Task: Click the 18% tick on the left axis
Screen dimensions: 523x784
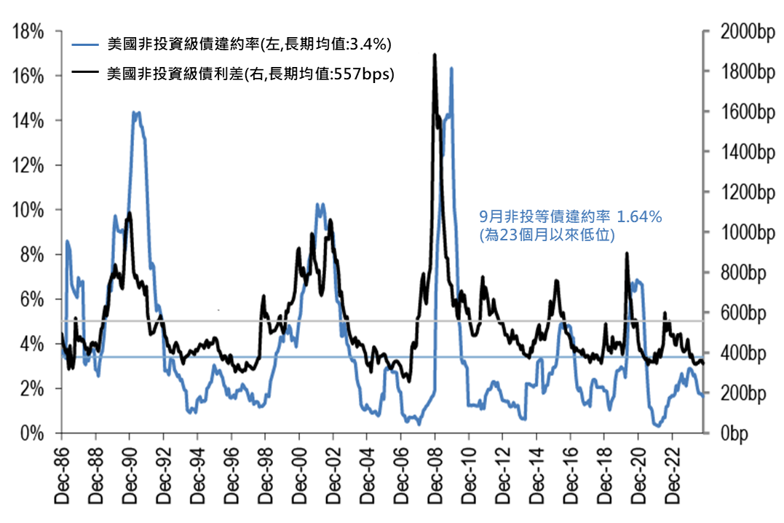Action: point(27,32)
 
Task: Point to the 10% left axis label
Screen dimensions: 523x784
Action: point(27,211)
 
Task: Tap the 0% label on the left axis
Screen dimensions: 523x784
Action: point(31,433)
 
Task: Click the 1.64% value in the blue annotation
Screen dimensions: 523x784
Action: point(640,216)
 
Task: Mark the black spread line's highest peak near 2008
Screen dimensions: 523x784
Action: point(435,55)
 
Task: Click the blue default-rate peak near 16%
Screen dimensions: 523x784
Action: point(451,68)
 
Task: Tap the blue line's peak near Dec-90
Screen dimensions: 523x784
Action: point(135,113)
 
